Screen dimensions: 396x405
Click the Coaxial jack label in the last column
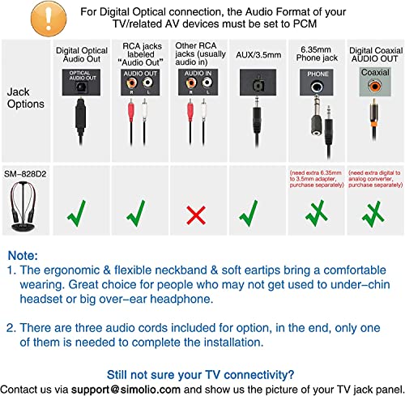[x=372, y=72]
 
